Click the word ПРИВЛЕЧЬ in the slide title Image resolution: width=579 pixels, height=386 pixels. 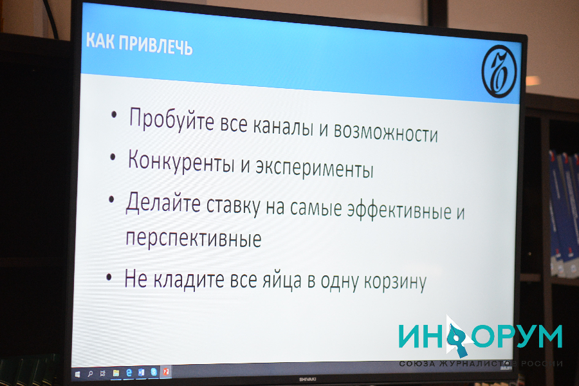(x=156, y=46)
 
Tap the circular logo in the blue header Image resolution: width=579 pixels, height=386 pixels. (x=499, y=71)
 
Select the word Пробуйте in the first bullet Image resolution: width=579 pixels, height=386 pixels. (x=172, y=119)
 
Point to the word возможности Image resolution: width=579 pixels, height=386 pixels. (x=386, y=131)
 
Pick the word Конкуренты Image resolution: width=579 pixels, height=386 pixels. (x=181, y=161)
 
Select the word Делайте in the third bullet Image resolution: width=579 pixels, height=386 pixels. (x=163, y=203)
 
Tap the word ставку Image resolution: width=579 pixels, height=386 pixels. (x=234, y=206)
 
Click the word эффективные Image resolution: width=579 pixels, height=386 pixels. (x=399, y=210)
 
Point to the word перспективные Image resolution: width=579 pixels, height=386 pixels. (x=194, y=237)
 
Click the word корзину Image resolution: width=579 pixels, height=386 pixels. (x=395, y=282)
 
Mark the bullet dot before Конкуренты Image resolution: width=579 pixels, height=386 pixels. (x=113, y=157)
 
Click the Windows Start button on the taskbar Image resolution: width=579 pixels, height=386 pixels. (x=78, y=374)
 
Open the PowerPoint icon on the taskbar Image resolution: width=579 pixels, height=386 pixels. (x=166, y=372)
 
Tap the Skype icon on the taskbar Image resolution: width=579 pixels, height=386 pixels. (x=154, y=372)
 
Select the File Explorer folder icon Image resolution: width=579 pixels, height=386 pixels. (x=116, y=373)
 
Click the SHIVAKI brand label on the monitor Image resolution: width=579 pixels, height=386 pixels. (x=308, y=380)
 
